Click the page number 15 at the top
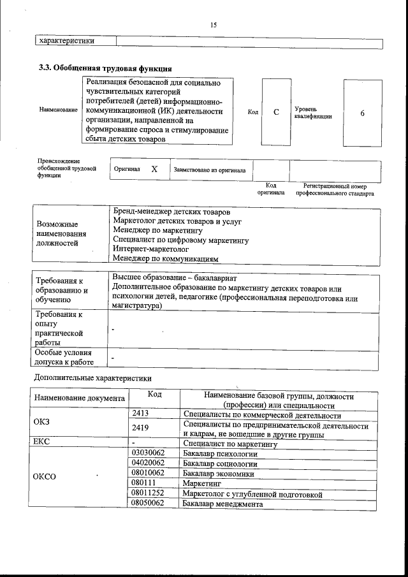point(213,25)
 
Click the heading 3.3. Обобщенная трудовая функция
point(106,68)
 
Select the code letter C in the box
point(276,112)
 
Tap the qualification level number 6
point(362,113)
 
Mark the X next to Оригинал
point(154,170)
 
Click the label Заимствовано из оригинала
point(211,170)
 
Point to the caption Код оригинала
point(271,189)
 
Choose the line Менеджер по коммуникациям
point(166,259)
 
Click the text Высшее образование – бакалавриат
point(175,279)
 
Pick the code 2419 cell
point(140,428)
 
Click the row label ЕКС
point(41,441)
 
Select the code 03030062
point(148,453)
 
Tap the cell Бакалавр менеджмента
point(222,504)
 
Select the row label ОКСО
point(45,478)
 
